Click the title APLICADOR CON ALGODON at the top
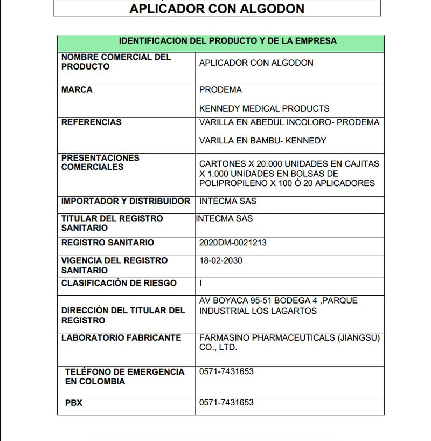pyautogui.click(x=217, y=9)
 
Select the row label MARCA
pyautogui.click(x=77, y=90)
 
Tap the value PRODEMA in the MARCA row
pyautogui.click(x=220, y=90)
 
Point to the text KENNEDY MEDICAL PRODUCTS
pyautogui.click(x=264, y=108)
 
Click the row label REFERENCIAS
pyautogui.click(x=91, y=122)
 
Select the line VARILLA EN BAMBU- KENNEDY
pyautogui.click(x=262, y=141)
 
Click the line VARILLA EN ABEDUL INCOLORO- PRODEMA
pyautogui.click(x=289, y=122)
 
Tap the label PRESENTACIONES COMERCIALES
pyautogui.click(x=100, y=162)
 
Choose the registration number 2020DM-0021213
pyautogui.click(x=233, y=243)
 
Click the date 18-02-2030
pyautogui.click(x=220, y=261)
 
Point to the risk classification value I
pyautogui.click(x=201, y=283)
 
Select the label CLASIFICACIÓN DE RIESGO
pyautogui.click(x=119, y=283)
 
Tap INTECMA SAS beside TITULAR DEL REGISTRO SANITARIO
pyautogui.click(x=224, y=219)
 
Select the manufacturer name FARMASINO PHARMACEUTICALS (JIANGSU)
pyautogui.click(x=289, y=338)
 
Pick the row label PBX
pyautogui.click(x=74, y=403)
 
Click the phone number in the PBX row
pyautogui.click(x=226, y=403)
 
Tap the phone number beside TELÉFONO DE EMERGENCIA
pyautogui.click(x=226, y=372)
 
